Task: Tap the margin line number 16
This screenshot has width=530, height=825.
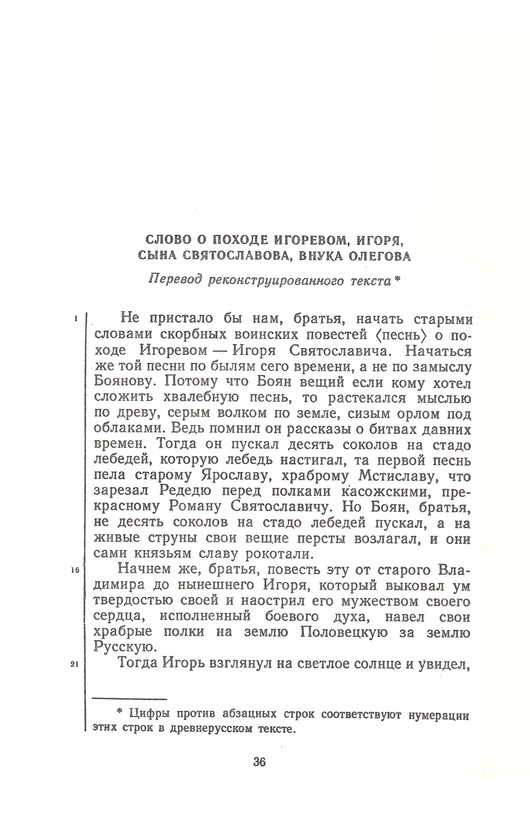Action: (75, 570)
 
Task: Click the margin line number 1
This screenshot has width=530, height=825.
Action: (76, 318)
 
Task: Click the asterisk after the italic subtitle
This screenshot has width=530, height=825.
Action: (397, 279)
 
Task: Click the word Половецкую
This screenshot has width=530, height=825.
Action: (344, 632)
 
